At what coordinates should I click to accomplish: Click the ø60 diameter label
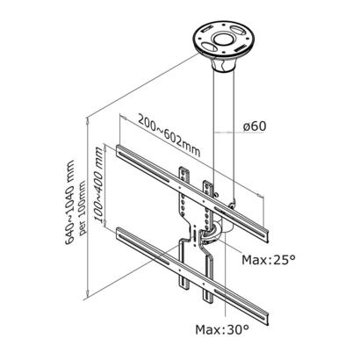point(255,126)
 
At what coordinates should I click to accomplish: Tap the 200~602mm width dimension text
point(169,136)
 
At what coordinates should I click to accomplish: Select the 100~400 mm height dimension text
point(99,184)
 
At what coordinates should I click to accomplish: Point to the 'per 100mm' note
point(83,208)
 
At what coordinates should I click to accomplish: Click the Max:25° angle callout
point(268,260)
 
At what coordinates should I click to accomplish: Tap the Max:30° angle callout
point(222,330)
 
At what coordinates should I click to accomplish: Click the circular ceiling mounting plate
point(224,40)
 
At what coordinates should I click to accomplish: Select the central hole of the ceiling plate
point(224,40)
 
